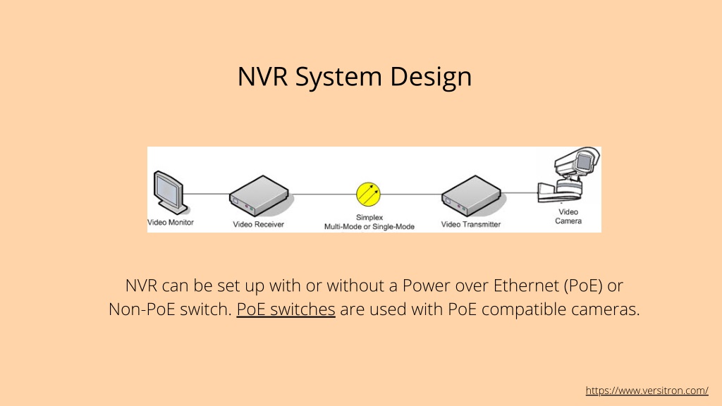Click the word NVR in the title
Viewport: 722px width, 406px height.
coord(262,76)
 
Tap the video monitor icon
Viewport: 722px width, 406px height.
coord(170,192)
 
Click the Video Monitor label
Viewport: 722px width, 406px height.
coord(171,222)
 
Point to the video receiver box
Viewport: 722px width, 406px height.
coord(259,196)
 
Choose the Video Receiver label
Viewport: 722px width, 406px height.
coord(258,225)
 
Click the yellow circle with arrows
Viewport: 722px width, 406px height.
coord(368,195)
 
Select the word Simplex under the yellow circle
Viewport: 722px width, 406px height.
coord(369,217)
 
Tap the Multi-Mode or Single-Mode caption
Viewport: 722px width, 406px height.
coord(369,226)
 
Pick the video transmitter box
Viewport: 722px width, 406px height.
coord(472,196)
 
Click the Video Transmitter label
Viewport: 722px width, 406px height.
coord(470,225)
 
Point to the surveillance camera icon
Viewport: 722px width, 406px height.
coord(570,175)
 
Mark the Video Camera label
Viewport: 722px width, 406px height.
coord(568,216)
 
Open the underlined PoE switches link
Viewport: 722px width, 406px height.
coord(286,309)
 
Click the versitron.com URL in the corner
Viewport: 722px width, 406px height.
coord(647,390)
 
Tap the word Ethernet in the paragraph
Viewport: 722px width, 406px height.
coord(526,285)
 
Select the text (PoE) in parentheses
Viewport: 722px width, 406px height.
coord(583,286)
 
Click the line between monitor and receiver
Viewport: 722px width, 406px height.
coord(207,194)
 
